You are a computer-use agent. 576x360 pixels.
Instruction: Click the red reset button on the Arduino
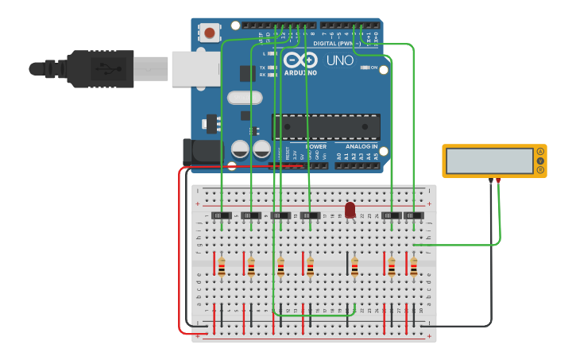(x=209, y=33)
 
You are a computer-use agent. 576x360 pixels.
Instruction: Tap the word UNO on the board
(x=339, y=60)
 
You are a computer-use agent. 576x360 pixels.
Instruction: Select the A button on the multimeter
(x=540, y=151)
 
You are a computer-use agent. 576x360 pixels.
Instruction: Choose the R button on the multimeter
(x=540, y=169)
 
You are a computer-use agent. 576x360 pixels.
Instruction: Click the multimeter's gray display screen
(x=489, y=161)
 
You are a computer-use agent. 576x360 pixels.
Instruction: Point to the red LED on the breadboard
(x=350, y=209)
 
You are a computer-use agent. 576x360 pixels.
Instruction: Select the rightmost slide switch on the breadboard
(x=413, y=215)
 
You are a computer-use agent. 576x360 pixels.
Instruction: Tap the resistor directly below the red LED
(x=354, y=268)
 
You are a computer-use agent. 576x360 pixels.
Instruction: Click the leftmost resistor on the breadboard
(x=222, y=268)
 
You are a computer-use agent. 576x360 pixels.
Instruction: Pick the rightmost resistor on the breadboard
(x=413, y=268)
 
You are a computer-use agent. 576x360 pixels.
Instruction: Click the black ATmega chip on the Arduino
(x=327, y=127)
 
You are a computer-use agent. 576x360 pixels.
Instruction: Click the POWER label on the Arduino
(x=315, y=146)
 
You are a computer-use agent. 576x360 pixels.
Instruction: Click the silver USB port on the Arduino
(x=195, y=68)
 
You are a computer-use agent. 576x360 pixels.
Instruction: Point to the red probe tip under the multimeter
(x=498, y=181)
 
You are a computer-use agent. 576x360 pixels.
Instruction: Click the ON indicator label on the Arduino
(x=373, y=68)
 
